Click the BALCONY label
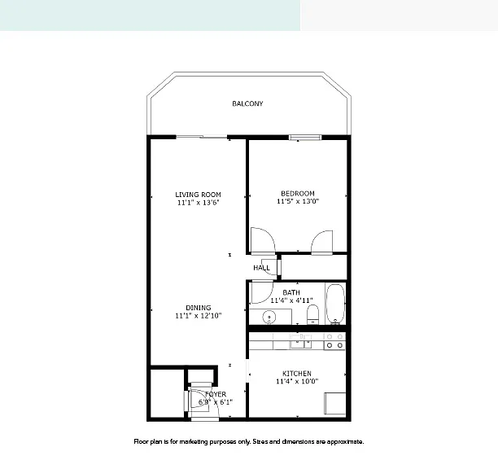pyautogui.click(x=247, y=103)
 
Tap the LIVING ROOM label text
pyautogui.click(x=198, y=195)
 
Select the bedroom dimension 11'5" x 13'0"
pyautogui.click(x=298, y=201)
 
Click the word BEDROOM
pyautogui.click(x=298, y=193)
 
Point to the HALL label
pyautogui.click(x=261, y=268)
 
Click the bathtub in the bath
pyautogui.click(x=335, y=304)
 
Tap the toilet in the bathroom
pyautogui.click(x=312, y=314)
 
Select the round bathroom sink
pyautogui.click(x=269, y=317)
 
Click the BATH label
pyautogui.click(x=291, y=292)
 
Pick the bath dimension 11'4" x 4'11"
pyautogui.click(x=291, y=300)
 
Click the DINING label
pyautogui.click(x=199, y=308)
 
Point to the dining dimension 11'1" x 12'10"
pyautogui.click(x=199, y=316)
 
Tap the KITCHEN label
pyautogui.click(x=297, y=374)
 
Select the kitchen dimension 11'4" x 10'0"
pyautogui.click(x=297, y=381)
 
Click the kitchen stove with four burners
pyautogui.click(x=334, y=341)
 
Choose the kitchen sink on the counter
pyautogui.click(x=300, y=342)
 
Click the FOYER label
pyautogui.click(x=216, y=394)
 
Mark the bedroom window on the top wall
pyautogui.click(x=305, y=138)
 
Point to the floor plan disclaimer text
pyautogui.click(x=249, y=441)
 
